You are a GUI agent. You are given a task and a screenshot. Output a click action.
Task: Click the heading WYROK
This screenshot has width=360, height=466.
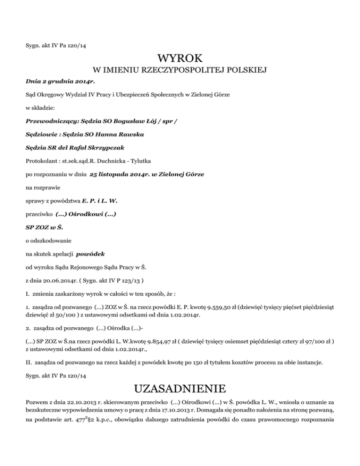point(180,59)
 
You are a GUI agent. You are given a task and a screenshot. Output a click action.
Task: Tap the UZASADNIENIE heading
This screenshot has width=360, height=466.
point(180,389)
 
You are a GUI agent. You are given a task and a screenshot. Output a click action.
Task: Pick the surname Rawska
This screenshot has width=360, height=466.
point(127,135)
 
